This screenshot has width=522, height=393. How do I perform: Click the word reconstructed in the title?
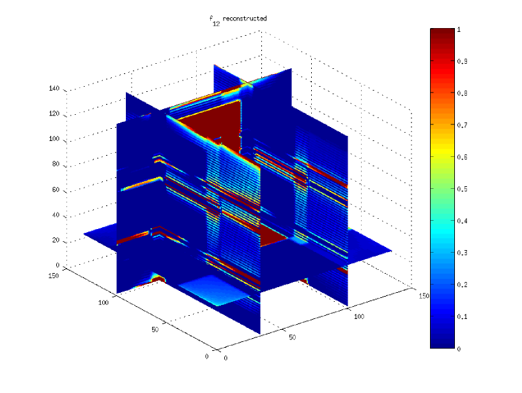click(x=245, y=19)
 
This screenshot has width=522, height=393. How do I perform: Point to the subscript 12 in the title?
click(x=216, y=24)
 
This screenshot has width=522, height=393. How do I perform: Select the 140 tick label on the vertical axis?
click(x=54, y=88)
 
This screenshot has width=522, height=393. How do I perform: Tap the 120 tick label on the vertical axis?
click(x=54, y=114)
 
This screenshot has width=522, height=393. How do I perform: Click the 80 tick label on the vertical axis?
click(x=56, y=164)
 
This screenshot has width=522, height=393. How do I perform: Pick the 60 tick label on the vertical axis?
click(x=56, y=189)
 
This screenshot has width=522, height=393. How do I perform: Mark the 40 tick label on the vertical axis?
click(x=56, y=215)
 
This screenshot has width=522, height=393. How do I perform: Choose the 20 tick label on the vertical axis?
click(x=56, y=240)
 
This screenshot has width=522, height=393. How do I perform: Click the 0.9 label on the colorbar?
click(x=462, y=61)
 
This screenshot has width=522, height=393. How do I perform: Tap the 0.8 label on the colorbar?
click(x=462, y=93)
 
